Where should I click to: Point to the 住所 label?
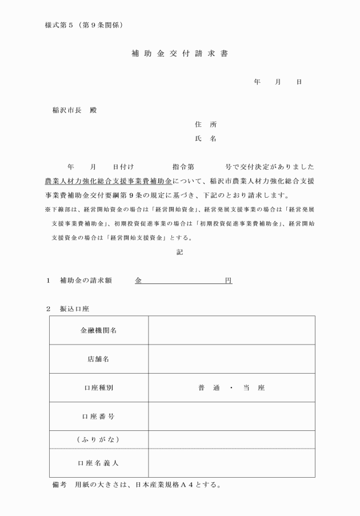(206, 124)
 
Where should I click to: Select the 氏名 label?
(206, 138)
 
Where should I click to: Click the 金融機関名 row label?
(99, 330)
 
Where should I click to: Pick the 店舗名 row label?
(99, 359)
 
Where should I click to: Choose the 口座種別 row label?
(99, 387)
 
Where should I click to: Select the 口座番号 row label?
(99, 416)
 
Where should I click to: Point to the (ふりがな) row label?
(99, 439)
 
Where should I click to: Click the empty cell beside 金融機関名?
(231, 330)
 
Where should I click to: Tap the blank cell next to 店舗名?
(231, 359)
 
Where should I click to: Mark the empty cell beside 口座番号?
(231, 416)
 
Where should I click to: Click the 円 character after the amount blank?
(228, 281)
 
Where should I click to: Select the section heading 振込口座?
(74, 309)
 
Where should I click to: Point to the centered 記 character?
(180, 251)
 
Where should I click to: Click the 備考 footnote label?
(59, 485)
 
